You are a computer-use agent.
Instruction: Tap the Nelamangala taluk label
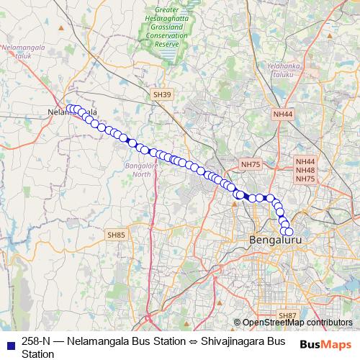pos(24,50)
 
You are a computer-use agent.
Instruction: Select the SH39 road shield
pos(162,94)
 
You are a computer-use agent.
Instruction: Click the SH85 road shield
pos(116,235)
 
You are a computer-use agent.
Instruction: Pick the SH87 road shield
pos(287,315)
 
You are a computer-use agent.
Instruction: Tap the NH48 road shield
pos(305,170)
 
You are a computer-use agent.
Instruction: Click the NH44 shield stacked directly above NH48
pos(305,161)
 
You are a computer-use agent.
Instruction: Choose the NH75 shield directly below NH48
pos(305,179)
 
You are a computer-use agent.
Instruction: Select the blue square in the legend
pos(10,341)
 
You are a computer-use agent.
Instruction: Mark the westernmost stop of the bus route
pos(71,109)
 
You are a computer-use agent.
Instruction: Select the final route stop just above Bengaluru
pos(289,232)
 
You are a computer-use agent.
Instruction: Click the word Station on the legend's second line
pos(38,354)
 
